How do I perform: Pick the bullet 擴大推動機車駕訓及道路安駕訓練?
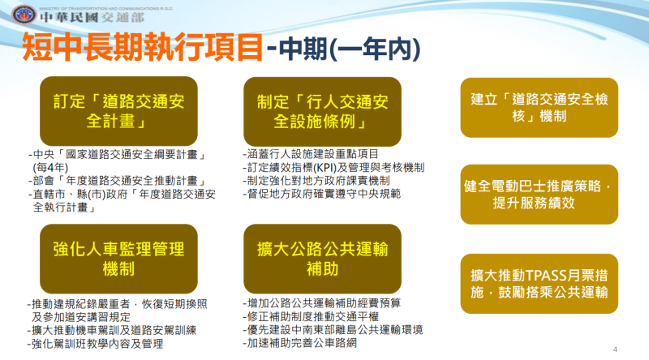point(110,331)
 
